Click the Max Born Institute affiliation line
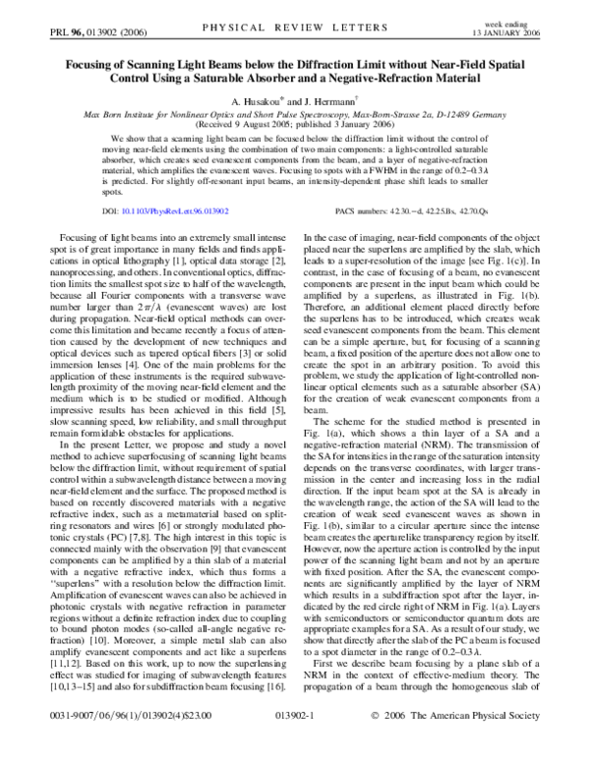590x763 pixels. tap(294, 115)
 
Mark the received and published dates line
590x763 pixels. tap(294, 126)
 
